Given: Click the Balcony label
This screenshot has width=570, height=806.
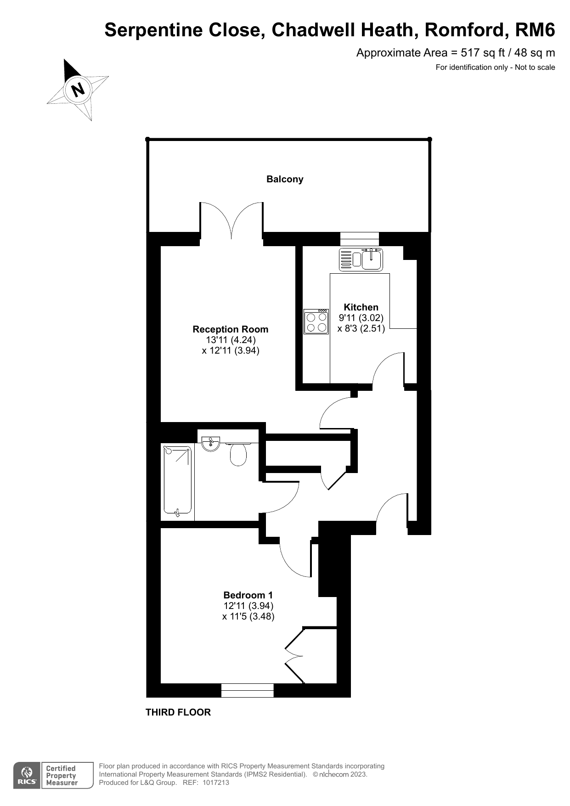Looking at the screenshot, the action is pos(285,179).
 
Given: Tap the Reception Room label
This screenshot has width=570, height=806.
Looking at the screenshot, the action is pos(231,329).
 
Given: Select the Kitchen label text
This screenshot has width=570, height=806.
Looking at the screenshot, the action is pos(361,307).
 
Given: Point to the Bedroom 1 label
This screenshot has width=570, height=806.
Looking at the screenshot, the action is pos(248,595).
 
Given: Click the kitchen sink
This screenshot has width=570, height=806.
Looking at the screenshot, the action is pos(361,259).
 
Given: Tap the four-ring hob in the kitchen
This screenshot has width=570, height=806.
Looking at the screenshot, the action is pos(316,321).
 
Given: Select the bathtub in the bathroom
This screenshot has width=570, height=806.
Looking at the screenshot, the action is pos(177,480).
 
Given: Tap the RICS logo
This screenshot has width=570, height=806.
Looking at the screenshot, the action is pos(27,776).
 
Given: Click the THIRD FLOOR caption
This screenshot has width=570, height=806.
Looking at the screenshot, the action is pos(178,712).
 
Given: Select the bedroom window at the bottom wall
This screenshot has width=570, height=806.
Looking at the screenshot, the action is pos(248,690).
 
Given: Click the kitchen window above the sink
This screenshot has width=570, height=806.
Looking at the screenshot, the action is pos(360,239).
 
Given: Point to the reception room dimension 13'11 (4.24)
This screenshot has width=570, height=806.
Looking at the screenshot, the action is pos(231,340).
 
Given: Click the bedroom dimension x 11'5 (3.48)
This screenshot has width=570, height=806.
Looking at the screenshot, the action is pos(248,616).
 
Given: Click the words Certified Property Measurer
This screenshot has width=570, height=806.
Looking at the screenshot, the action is pos(62,776).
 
